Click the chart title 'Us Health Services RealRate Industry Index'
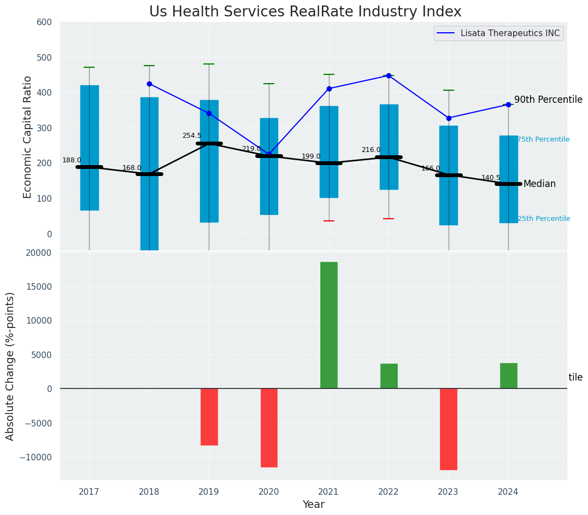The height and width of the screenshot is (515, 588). point(305,12)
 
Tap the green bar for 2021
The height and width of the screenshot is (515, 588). point(328,325)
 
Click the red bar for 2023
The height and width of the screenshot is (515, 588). point(449,429)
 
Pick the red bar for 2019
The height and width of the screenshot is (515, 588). point(209,417)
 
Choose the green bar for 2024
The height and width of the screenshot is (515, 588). point(508,376)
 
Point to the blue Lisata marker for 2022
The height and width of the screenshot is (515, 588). point(389,75)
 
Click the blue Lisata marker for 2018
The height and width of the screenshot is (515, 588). point(149,84)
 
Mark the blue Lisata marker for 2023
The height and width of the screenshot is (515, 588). point(449,118)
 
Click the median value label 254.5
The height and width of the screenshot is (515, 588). point(191,136)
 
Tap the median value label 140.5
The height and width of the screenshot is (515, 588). point(490,178)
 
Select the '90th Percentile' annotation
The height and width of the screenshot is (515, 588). point(548,100)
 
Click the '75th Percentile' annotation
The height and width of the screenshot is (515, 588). point(543,140)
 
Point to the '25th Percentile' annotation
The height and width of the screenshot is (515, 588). point(543,219)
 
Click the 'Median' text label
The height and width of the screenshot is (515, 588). point(539,184)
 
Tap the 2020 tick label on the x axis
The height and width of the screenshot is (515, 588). point(268,492)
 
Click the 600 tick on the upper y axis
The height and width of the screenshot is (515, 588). point(44,22)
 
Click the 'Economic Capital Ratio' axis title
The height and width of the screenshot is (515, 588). point(28,137)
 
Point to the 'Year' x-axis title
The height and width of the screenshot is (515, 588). point(313,505)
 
